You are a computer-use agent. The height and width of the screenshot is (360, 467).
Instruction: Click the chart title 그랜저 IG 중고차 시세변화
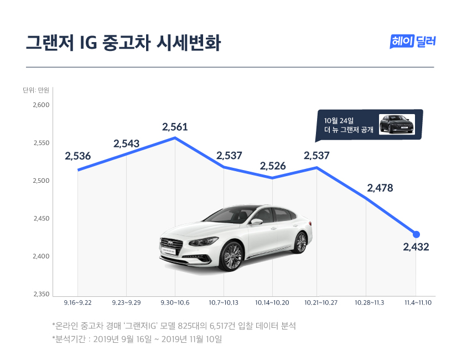[x=123, y=43]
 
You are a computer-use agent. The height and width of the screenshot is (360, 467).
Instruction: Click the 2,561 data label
[x=175, y=127]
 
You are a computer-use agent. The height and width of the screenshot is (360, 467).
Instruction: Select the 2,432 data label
[x=416, y=246]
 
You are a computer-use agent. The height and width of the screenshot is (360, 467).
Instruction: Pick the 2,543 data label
[x=126, y=143]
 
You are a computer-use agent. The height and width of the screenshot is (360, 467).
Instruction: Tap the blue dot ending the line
[x=416, y=234]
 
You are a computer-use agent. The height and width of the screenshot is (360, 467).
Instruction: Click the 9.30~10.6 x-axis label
[x=175, y=302]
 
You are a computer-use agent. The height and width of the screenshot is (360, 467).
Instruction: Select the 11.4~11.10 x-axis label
[x=416, y=302]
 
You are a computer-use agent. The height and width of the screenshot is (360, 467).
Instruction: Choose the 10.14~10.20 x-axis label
[x=272, y=302]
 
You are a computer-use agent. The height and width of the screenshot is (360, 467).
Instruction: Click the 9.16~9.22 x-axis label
[x=78, y=302]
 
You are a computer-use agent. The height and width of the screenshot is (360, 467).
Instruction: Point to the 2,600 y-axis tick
[x=42, y=105]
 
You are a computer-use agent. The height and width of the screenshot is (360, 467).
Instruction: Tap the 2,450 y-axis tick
[x=42, y=219]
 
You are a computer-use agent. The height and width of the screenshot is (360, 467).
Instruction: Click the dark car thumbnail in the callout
[x=397, y=124]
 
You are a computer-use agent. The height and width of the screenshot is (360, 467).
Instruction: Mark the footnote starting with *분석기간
[x=137, y=338]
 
